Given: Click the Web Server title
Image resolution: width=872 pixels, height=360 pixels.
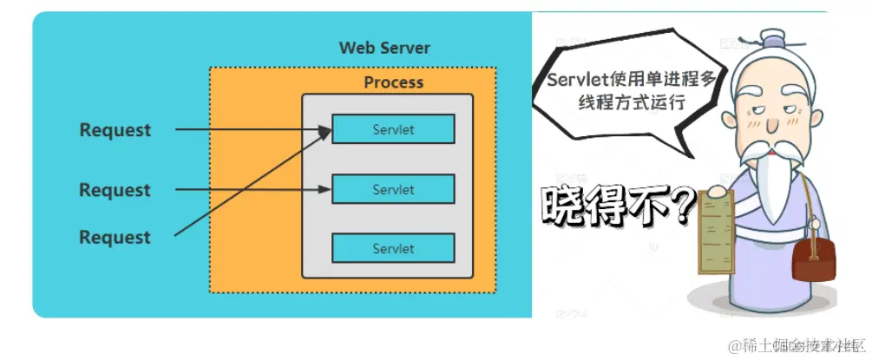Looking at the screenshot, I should pos(384,47).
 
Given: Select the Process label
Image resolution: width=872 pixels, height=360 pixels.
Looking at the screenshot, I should pos(393,82).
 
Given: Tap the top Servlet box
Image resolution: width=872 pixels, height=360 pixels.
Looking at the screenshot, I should pos(393,130).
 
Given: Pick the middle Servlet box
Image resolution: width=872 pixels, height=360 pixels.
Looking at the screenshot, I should pos(393,189).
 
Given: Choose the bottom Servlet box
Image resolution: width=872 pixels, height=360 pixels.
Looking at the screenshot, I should pos(393,248).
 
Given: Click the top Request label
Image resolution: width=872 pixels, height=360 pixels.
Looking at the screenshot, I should pos(115,130).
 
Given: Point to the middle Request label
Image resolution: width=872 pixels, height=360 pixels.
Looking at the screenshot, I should pos(115,190).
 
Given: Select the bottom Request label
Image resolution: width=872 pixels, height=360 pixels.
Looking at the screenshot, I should pos(115,237).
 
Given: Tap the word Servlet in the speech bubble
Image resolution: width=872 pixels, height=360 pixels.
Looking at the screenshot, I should pos(575,80).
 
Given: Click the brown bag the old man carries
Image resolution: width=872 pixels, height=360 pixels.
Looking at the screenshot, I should pos(815,259).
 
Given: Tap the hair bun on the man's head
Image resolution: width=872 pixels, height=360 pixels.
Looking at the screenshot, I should pos(770,40).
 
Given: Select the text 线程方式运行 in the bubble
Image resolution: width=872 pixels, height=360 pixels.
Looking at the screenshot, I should pos(631,101).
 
